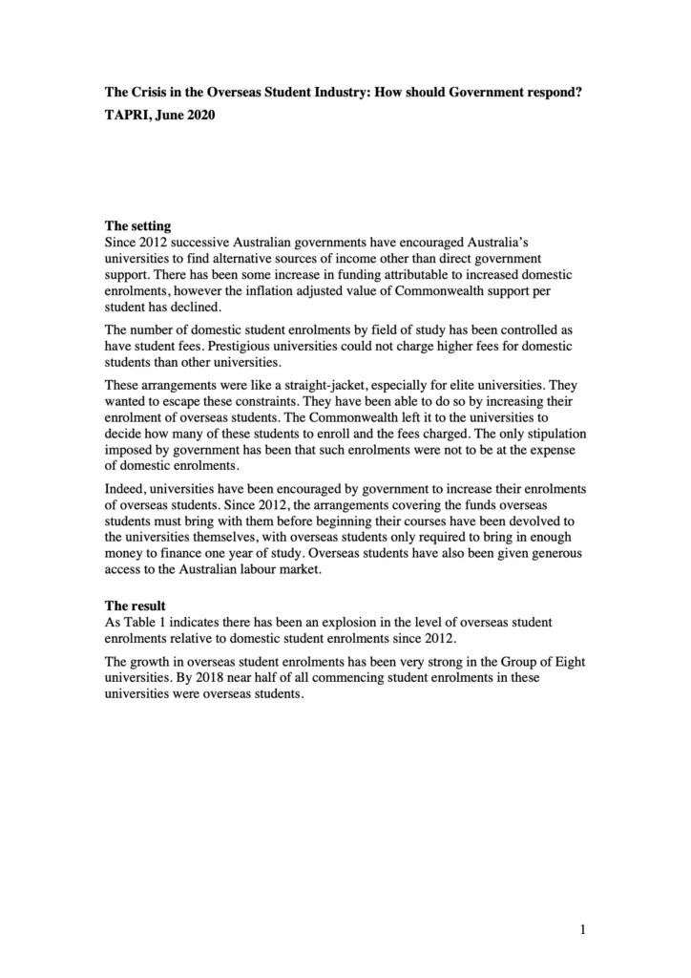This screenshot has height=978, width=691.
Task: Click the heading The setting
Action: (x=137, y=226)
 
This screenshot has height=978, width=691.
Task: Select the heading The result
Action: (x=135, y=606)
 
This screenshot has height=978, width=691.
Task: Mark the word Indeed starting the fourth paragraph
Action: (x=126, y=489)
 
